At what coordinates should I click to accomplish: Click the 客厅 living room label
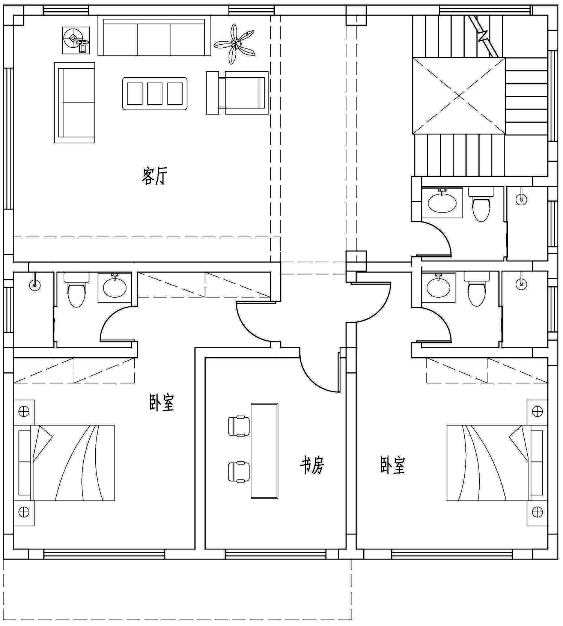pyautogui.click(x=154, y=176)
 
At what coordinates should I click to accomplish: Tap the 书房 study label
pyautogui.click(x=312, y=466)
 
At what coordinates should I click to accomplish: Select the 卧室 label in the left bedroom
pyautogui.click(x=162, y=402)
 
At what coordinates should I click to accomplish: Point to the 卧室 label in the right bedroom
pyautogui.click(x=393, y=465)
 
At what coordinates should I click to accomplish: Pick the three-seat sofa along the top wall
pyautogui.click(x=154, y=36)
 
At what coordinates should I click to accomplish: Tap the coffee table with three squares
pyautogui.click(x=155, y=93)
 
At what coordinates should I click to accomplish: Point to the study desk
pyautogui.click(x=265, y=451)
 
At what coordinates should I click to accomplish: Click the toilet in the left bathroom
pyautogui.click(x=76, y=289)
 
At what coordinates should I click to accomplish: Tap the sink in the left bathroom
pyautogui.click(x=114, y=287)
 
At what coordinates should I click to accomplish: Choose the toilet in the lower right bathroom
pyautogui.click(x=477, y=289)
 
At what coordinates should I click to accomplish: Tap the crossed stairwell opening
pyautogui.click(x=459, y=96)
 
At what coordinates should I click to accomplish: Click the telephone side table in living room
pyautogui.click(x=76, y=40)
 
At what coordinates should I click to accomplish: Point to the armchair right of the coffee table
pyautogui.click(x=238, y=93)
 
